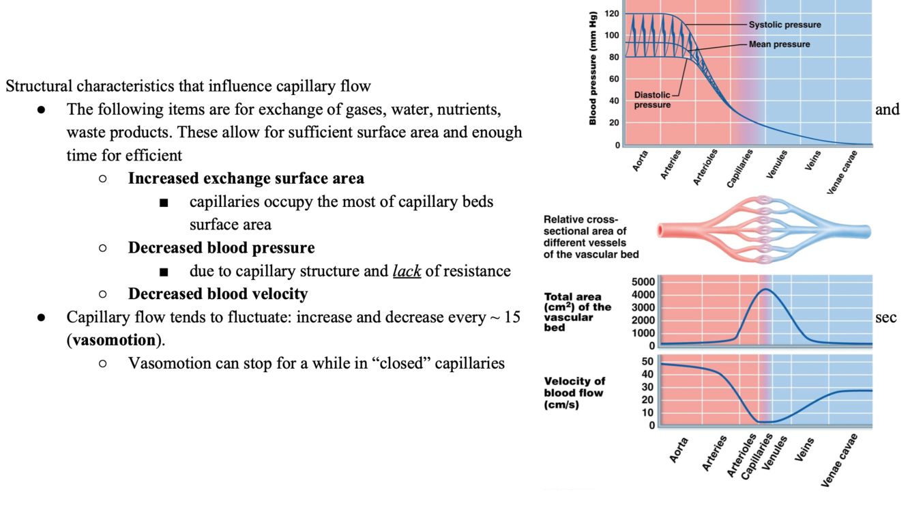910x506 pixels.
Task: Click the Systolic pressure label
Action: point(784,25)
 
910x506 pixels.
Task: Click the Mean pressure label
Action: point(779,44)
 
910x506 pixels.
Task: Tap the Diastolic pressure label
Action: point(651,100)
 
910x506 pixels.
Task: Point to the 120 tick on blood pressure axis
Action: point(611,14)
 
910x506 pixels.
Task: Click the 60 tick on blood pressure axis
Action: point(613,79)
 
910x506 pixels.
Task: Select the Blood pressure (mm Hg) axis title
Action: point(593,68)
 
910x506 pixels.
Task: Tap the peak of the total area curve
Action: point(766,290)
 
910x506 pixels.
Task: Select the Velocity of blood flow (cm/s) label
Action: point(574,393)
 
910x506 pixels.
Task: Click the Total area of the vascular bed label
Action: point(577,312)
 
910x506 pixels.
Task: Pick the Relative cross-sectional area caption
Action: point(591,237)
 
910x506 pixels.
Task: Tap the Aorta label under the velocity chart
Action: point(678,451)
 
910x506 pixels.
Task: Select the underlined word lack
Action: point(407,271)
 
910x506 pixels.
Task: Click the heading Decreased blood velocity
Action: point(218,294)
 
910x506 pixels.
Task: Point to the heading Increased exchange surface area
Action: point(246,178)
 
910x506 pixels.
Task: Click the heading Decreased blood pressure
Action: point(221,247)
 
